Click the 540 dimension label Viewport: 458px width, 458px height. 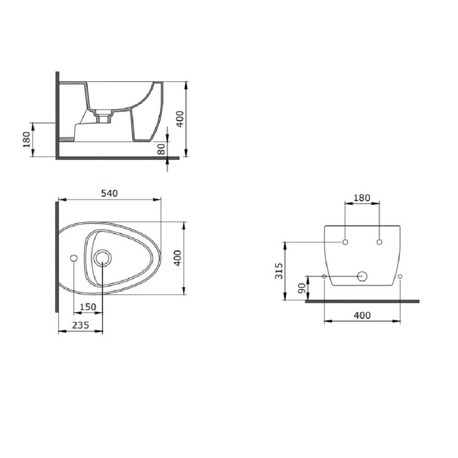(109, 193)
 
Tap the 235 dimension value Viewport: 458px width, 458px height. (80, 325)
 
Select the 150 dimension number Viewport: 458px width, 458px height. (87, 307)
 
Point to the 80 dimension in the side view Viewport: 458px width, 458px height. (161, 149)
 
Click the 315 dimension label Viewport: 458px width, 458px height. (279, 271)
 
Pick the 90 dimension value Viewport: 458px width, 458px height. (302, 288)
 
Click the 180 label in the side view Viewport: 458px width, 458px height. (26, 139)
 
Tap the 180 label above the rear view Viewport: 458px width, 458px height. (362, 198)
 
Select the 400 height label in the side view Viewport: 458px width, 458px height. (180, 119)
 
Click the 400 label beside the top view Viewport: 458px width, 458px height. (177, 258)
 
